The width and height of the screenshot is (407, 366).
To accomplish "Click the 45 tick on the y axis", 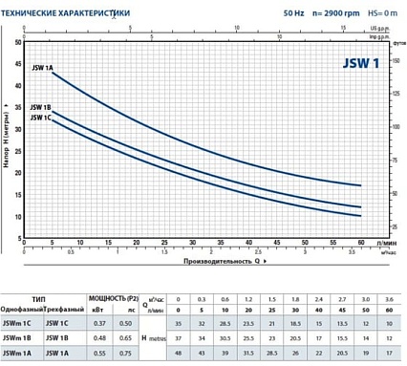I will [20, 63].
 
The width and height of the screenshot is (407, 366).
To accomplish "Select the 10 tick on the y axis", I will [20, 217].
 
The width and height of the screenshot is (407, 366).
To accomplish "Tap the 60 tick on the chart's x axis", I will [360, 245].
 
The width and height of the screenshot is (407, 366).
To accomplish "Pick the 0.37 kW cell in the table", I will [100, 324].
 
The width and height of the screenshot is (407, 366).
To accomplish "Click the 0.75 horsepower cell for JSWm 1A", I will [125, 355].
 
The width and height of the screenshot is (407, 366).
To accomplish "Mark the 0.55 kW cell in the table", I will [100, 355].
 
